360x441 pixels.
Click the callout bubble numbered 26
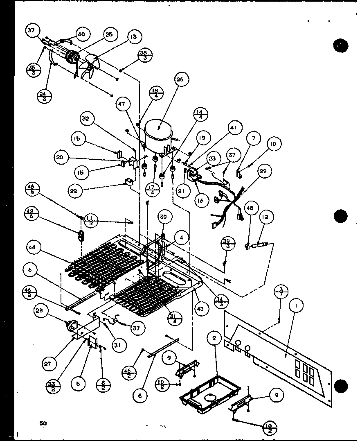pos(180,80)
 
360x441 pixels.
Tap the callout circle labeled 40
pos(81,34)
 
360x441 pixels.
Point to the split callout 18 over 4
pos(144,93)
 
